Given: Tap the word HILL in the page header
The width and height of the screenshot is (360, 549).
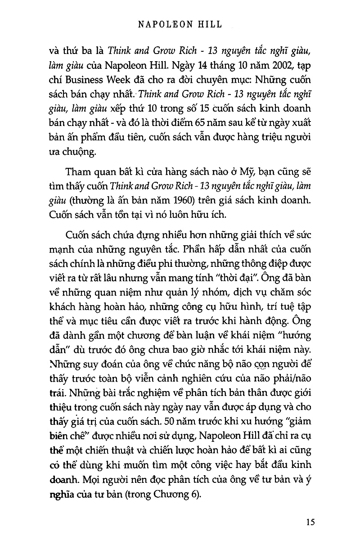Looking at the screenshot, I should click(x=210, y=25).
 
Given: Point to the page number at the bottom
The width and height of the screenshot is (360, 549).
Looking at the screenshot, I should click(x=310, y=522).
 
